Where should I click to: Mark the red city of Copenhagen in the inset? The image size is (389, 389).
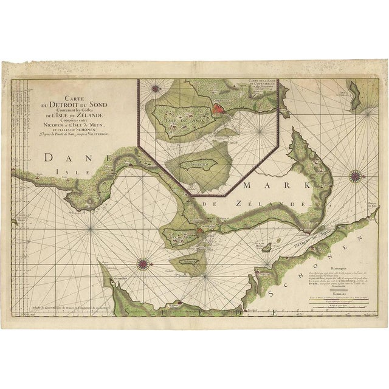202,109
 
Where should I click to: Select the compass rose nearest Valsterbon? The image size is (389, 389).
143,263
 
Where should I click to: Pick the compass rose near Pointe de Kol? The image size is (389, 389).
355,177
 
